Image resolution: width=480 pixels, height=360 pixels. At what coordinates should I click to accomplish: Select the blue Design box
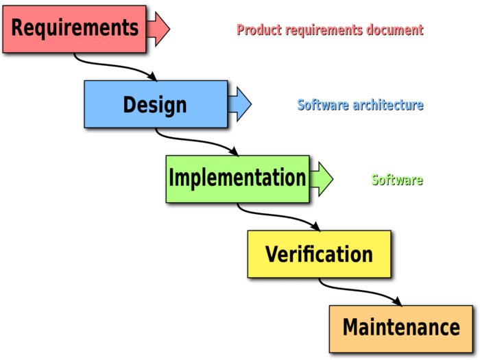click(x=155, y=104)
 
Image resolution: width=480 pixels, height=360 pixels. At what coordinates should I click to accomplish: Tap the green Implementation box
click(x=237, y=178)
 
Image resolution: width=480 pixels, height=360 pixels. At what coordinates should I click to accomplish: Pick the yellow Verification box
click(x=319, y=254)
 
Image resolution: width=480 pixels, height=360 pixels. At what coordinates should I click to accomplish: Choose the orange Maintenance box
click(x=401, y=327)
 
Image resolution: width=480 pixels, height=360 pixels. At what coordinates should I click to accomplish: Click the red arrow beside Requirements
click(x=160, y=28)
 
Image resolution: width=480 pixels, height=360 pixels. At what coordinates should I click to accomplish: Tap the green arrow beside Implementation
click(x=322, y=178)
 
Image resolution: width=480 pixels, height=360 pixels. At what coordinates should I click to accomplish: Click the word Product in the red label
click(x=256, y=29)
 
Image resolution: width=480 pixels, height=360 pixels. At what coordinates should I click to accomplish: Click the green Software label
click(x=396, y=180)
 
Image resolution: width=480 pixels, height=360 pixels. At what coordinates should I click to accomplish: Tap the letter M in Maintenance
click(x=351, y=327)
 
